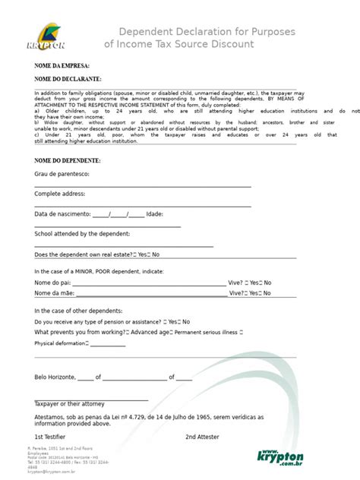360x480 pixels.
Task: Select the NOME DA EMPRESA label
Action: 62,66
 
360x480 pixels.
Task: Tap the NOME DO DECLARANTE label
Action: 68,79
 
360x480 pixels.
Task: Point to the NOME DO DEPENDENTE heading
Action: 68,161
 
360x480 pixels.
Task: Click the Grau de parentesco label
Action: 62,175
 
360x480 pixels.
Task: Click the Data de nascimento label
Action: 62,214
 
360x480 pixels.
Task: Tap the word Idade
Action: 154,214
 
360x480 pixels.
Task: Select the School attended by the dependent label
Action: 82,234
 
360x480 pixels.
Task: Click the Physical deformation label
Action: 62,343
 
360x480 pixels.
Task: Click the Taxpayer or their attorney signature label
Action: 70,403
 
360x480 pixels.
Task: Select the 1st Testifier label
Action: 49,437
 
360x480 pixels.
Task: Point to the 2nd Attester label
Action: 201,437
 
